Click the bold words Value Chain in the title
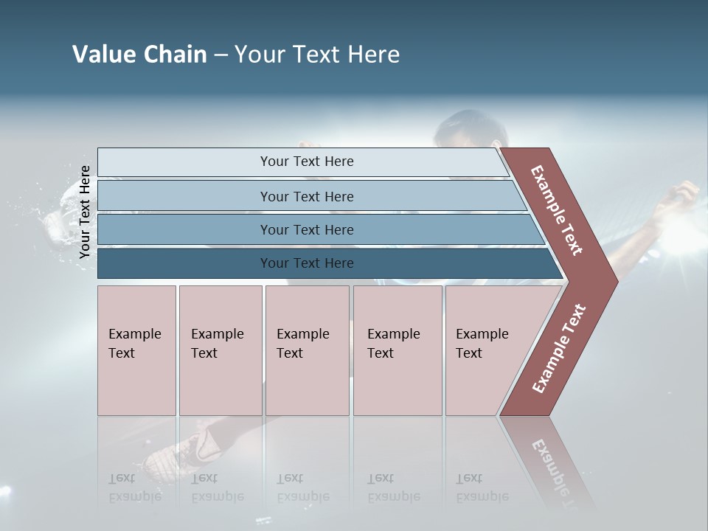coord(139,55)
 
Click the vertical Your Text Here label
coord(85,212)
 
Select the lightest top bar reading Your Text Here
coord(307,162)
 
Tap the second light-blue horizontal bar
coord(307,196)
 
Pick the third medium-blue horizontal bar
coord(307,229)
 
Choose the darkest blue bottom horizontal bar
coord(307,263)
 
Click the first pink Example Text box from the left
coord(136,350)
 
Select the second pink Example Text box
coord(220,350)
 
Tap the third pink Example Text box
coord(307,350)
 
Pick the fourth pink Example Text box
coord(397,350)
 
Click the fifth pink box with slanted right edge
coord(487,350)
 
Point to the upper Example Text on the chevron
coord(557,210)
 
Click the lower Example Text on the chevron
coord(558,348)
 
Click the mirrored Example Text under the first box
coord(135,487)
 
